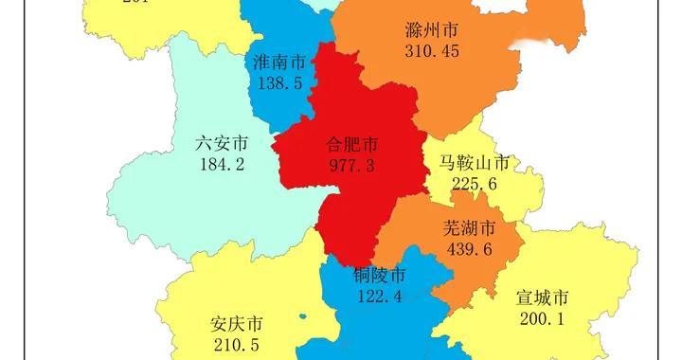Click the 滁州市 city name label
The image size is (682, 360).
(431, 31)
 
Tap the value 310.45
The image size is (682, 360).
(431, 51)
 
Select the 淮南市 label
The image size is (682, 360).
(279, 63)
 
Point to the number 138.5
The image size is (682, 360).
(279, 83)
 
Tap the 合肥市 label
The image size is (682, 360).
(351, 145)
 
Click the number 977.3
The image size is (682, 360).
(351, 165)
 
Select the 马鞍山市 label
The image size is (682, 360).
(475, 164)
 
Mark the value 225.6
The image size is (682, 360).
(475, 185)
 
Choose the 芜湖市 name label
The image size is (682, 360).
(469, 229)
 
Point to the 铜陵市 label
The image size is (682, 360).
(379, 276)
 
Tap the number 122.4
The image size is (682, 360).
(379, 296)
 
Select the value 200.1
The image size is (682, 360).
(542, 319)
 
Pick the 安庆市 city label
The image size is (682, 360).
(237, 323)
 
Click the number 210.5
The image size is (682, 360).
(237, 343)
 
